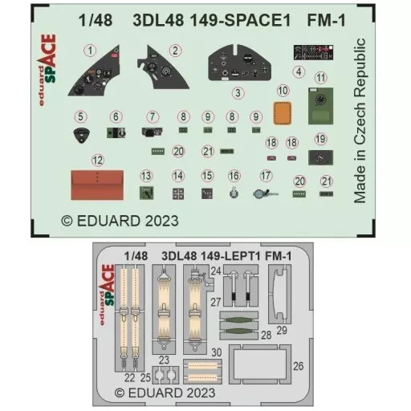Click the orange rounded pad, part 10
[x=283, y=113]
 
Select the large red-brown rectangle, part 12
[x=97, y=185]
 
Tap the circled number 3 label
[x=238, y=93]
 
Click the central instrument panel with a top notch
[x=240, y=63]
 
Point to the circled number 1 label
[x=90, y=51]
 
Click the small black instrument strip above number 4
[x=313, y=52]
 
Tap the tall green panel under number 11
[x=320, y=106]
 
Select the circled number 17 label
[x=266, y=176]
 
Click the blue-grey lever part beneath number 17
[x=265, y=193]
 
